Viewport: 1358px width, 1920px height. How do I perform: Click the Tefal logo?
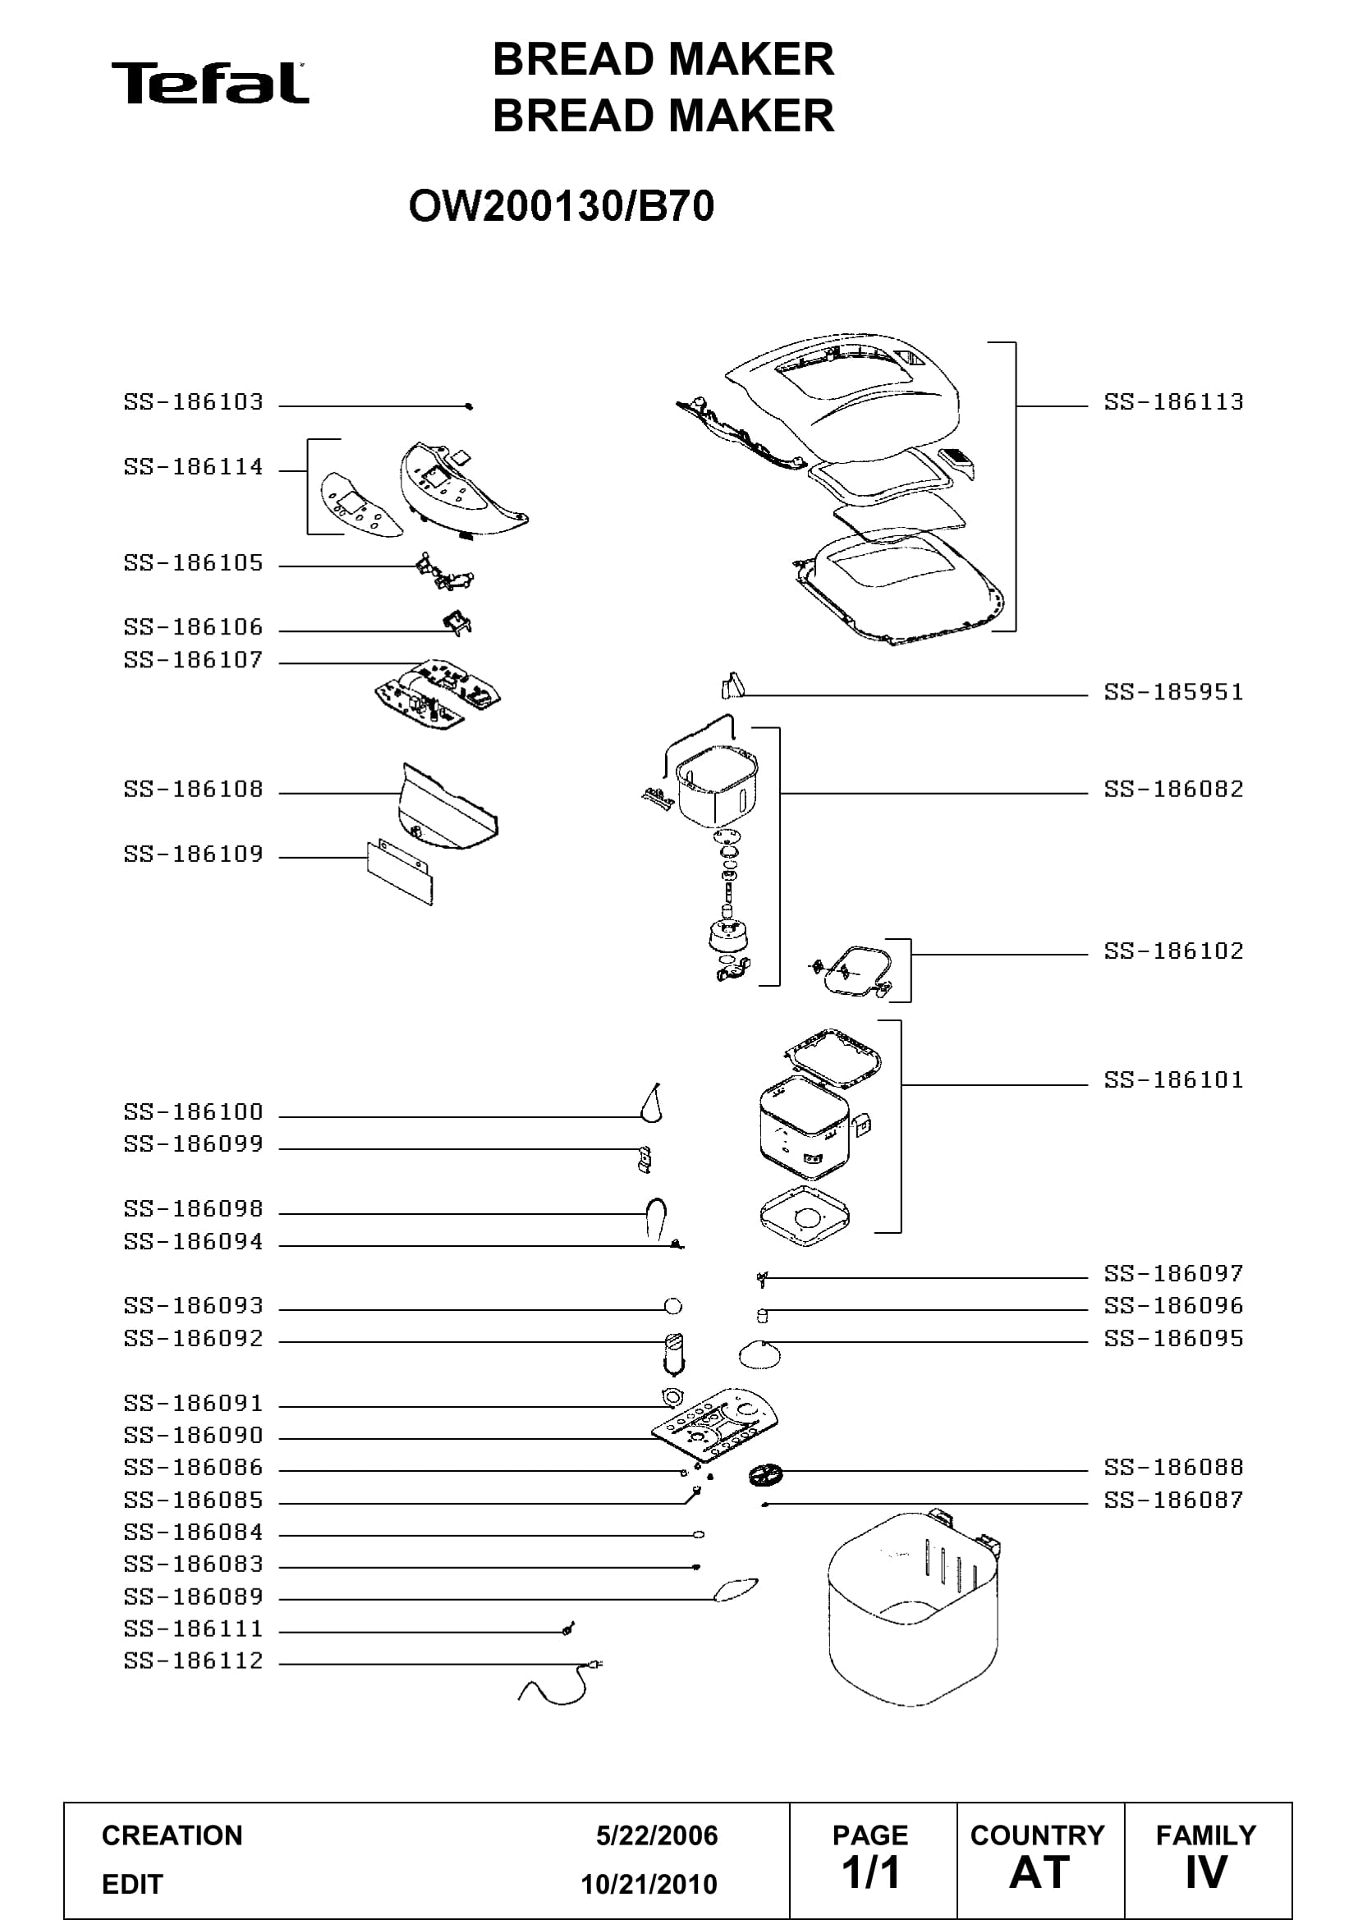[x=210, y=83]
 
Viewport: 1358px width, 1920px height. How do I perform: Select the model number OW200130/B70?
[x=561, y=207]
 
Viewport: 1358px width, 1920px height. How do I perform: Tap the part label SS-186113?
[x=1173, y=402]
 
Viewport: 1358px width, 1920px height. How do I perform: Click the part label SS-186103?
[x=193, y=402]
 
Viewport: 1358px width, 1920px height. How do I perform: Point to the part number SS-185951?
[x=1173, y=693]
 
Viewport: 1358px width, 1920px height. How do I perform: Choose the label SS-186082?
[x=1173, y=790]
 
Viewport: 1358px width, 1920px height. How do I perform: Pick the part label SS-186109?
[x=193, y=854]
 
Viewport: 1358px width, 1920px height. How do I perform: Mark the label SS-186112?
[x=193, y=1661]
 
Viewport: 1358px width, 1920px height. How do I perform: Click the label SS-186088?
[x=1173, y=1468]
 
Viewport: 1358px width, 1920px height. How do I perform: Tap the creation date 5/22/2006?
[x=657, y=1835]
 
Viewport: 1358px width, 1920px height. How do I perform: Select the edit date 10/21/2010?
[x=649, y=1884]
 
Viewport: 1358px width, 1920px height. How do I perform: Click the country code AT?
[x=1039, y=1872]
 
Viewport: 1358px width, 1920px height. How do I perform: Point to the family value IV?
[x=1206, y=1872]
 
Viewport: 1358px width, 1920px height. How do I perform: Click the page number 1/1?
[x=870, y=1872]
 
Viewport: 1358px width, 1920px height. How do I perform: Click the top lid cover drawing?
[x=842, y=392]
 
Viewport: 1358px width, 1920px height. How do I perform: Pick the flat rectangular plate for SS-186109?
[x=401, y=873]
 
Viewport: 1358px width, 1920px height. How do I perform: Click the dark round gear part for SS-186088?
[x=765, y=1474]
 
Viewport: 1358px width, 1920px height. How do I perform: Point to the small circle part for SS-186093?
[x=672, y=1306]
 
